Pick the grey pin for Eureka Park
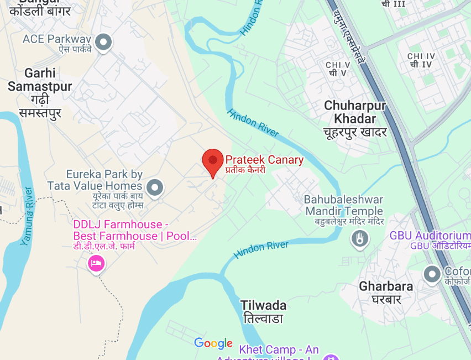156,187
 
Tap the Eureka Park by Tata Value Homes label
104,180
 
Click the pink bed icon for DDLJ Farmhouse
96,263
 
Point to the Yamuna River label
27,216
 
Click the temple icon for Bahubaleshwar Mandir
360,239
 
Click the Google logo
213,343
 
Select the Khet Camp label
279,350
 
